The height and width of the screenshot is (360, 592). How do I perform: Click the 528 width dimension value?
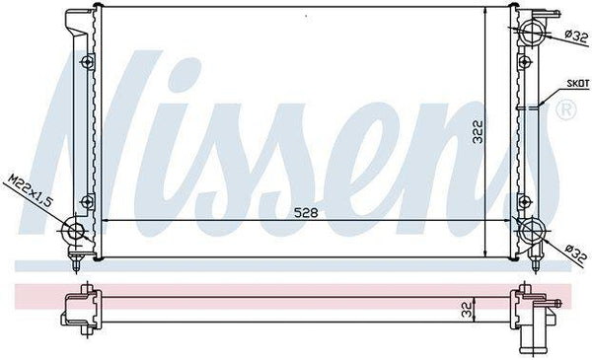[306, 213]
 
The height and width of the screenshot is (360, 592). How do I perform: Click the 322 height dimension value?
[479, 131]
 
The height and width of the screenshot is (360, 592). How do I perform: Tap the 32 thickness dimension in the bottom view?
[467, 309]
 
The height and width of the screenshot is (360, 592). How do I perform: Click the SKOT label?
[577, 84]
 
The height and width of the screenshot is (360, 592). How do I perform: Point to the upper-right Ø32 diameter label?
[576, 36]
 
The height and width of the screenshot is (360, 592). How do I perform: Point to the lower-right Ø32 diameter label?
[576, 253]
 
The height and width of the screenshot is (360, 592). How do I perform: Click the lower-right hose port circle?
[533, 230]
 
